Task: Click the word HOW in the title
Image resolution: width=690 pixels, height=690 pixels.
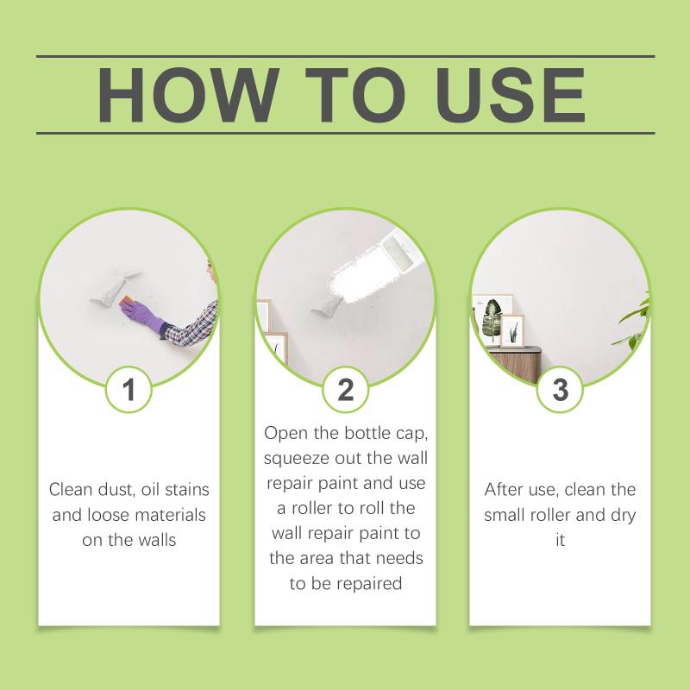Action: point(188,94)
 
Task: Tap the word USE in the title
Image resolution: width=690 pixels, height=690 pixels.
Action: point(511,94)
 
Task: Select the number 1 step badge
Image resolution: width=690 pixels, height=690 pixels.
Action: point(129,390)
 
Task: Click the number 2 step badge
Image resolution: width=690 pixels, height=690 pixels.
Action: point(346,390)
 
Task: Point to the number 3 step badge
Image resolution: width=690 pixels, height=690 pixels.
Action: point(560,390)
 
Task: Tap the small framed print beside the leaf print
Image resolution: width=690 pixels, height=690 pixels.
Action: point(512,331)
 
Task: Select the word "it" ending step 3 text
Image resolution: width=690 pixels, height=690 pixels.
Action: point(560,540)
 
